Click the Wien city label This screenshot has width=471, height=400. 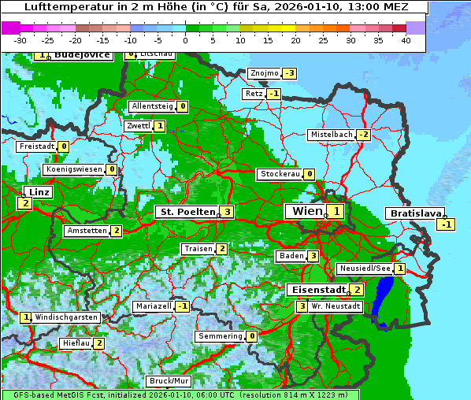point(306,211)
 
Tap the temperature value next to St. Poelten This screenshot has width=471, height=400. point(227,212)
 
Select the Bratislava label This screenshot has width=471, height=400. point(414,213)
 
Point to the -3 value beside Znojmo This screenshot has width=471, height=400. point(290,73)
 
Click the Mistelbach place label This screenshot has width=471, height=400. point(331,135)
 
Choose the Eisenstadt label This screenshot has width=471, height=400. point(317,290)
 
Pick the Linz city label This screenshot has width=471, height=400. point(39,192)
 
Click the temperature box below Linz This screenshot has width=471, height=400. point(24,203)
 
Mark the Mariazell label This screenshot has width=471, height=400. point(153,306)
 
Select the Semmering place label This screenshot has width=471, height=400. point(220,336)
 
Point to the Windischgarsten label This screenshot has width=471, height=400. point(66,317)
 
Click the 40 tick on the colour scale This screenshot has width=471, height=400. point(406,39)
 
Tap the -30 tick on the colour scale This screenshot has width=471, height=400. point(20,39)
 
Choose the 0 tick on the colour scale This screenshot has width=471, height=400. point(185,39)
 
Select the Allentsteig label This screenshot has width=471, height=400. point(152,106)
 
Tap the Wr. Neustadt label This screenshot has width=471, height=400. point(336,306)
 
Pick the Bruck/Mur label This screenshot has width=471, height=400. point(169,380)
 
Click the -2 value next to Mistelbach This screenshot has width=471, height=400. point(363,135)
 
